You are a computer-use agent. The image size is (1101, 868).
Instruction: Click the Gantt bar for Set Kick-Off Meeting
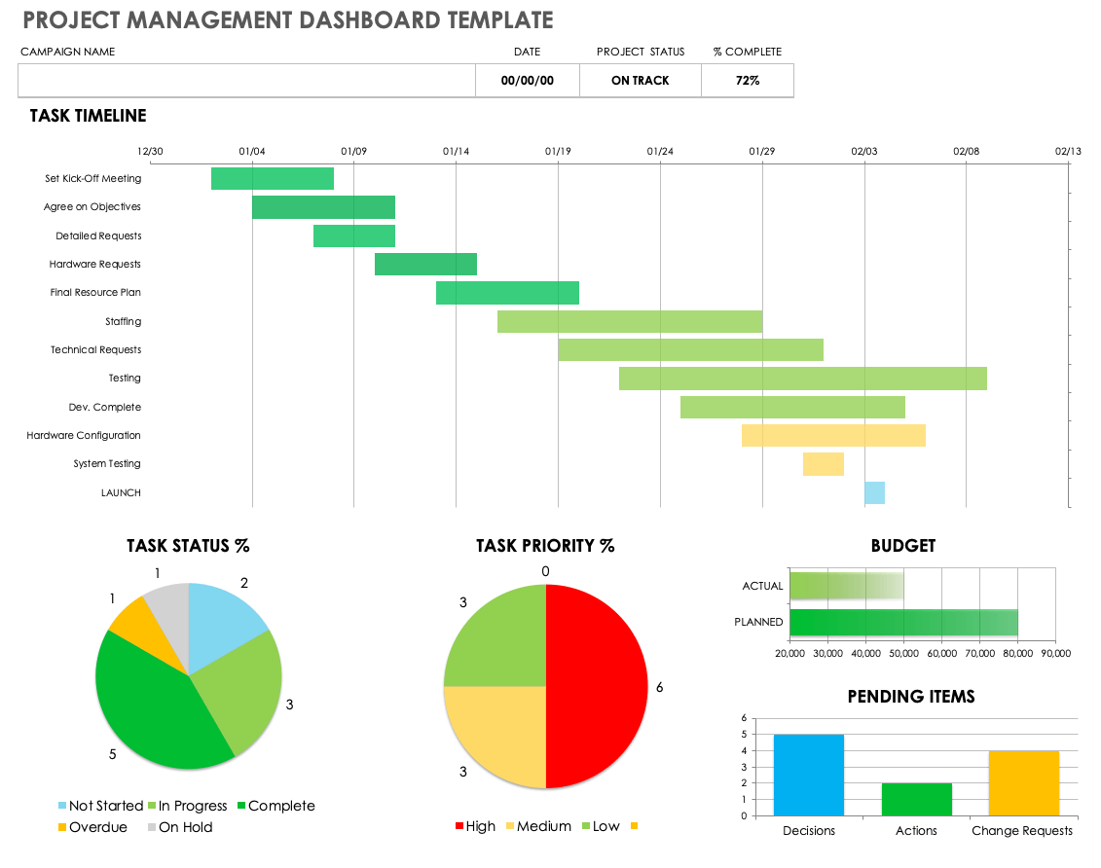(x=273, y=179)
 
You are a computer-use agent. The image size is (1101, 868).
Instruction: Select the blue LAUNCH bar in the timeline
(x=874, y=492)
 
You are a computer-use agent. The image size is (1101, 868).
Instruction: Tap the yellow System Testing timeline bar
(x=824, y=464)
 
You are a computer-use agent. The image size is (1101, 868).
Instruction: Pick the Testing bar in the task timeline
(x=803, y=379)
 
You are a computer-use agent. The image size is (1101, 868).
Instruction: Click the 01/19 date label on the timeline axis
(x=558, y=152)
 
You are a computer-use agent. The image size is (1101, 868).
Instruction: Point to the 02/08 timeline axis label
(x=966, y=152)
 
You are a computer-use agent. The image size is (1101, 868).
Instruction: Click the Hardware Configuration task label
(x=84, y=436)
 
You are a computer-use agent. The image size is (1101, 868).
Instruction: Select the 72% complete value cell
(x=748, y=81)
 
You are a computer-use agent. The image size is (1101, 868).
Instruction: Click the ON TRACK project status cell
(x=641, y=81)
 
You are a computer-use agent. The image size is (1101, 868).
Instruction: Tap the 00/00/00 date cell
(x=528, y=81)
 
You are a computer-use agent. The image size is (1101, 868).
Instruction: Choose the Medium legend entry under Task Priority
(x=536, y=826)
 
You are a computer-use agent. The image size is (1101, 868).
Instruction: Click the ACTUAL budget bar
(x=845, y=586)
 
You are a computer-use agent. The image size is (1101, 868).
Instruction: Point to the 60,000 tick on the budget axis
(x=941, y=653)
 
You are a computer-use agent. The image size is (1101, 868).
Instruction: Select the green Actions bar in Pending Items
(x=916, y=799)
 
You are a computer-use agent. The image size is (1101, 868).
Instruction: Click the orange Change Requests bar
(x=1022, y=782)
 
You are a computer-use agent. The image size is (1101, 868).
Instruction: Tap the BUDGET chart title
(x=902, y=546)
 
